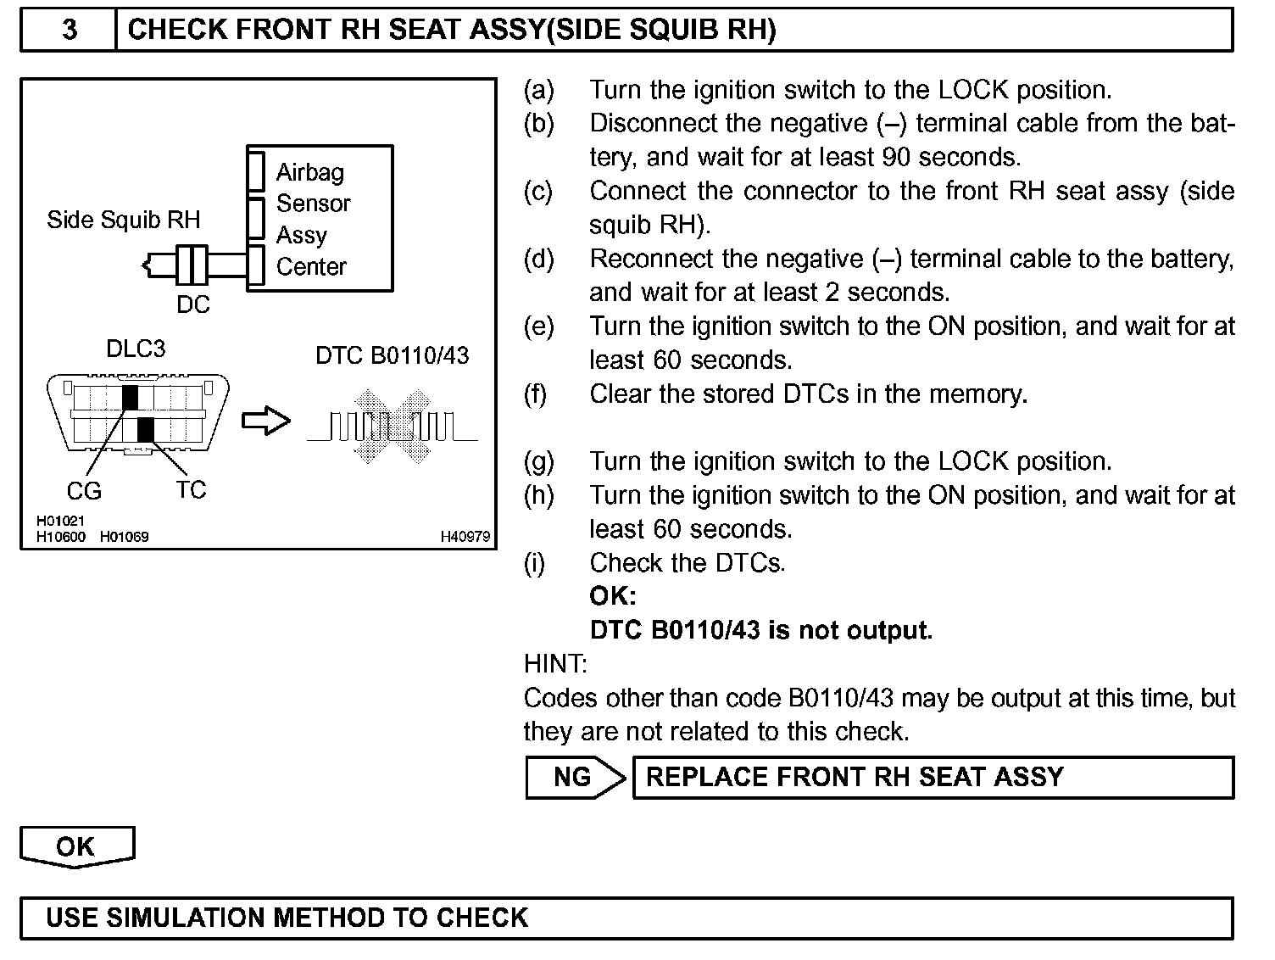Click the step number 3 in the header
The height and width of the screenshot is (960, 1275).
coord(70,31)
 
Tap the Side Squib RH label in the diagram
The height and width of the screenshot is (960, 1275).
coord(123,220)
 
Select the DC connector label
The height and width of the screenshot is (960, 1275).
coord(193,304)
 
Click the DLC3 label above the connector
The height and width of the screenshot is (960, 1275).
coord(136,349)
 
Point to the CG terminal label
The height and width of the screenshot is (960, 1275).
coord(84,490)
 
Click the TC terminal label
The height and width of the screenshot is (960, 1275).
coord(191,490)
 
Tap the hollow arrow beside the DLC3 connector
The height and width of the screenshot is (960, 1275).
coord(266,421)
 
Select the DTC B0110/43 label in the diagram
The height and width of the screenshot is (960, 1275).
coord(392,355)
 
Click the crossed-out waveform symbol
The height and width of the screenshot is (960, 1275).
coord(392,425)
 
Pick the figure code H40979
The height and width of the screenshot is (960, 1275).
coord(465,537)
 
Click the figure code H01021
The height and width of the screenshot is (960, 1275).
coord(60,521)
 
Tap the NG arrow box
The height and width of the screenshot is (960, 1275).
coord(575,777)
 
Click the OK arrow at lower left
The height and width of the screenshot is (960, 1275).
coord(76,846)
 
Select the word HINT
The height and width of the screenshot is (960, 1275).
coord(555,663)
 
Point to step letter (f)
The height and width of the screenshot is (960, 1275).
coord(536,394)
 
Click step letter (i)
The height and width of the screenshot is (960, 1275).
coord(534,563)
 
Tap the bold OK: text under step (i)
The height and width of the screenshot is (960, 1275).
coord(612,596)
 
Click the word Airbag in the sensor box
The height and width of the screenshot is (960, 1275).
coord(310,172)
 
